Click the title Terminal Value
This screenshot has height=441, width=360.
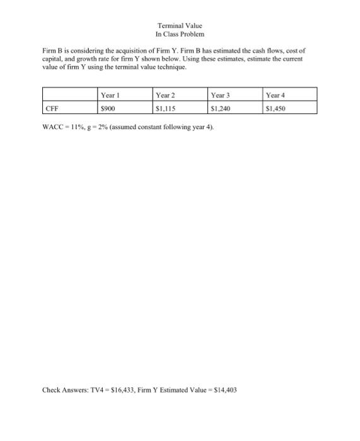pos(180,25)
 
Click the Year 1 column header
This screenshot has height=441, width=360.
pos(110,95)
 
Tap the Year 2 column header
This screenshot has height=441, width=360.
pos(165,95)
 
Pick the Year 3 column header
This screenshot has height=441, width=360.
pos(220,95)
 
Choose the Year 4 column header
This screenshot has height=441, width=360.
pos(276,95)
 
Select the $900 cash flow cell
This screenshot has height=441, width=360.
pos(108,108)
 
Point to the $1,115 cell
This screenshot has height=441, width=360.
pos(165,108)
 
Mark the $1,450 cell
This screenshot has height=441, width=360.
pos(276,108)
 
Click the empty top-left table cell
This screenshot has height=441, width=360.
pos(69,95)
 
